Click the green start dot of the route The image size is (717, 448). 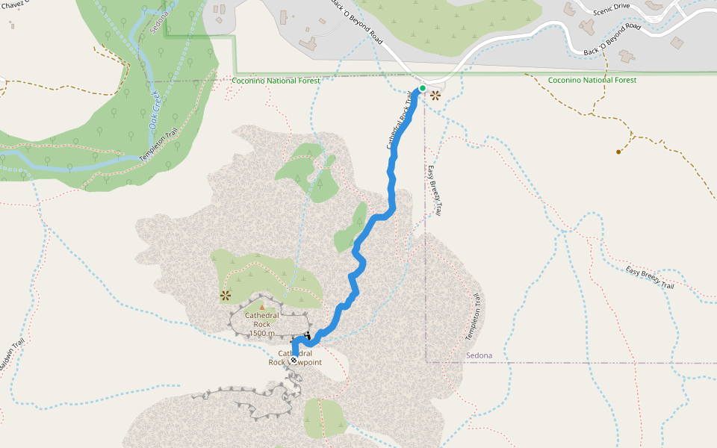[x=422, y=88]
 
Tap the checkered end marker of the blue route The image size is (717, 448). [x=294, y=361]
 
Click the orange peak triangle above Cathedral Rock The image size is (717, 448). [x=261, y=306]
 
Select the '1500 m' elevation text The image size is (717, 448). [x=261, y=333]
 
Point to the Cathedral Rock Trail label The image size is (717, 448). [x=400, y=121]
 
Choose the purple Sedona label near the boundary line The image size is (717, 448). [x=479, y=355]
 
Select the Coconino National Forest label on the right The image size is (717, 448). [x=592, y=80]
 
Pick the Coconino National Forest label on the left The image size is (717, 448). [x=276, y=81]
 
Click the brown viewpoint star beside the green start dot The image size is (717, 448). [x=435, y=95]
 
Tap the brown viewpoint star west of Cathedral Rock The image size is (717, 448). [x=225, y=296]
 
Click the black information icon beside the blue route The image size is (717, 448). [x=307, y=336]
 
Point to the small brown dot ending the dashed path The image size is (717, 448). [x=618, y=152]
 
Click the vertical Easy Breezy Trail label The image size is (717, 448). [x=434, y=191]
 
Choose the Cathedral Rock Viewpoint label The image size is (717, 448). [x=295, y=358]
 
